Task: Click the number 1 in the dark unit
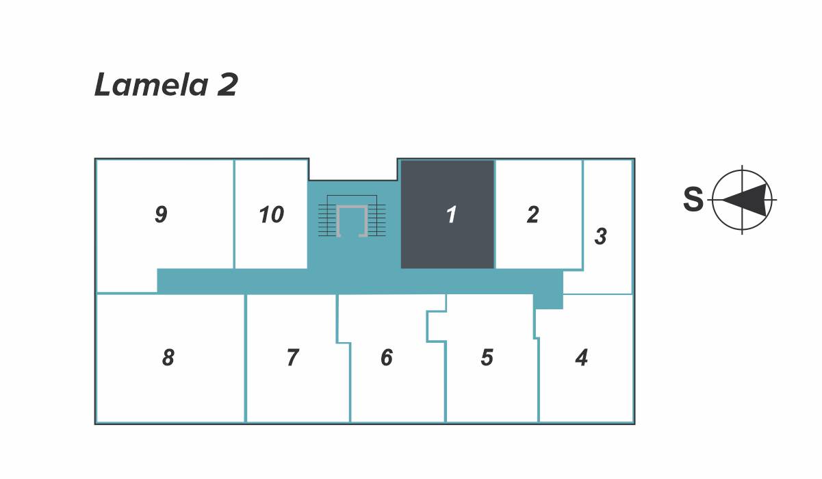click(x=451, y=215)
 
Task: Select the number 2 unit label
click(x=532, y=215)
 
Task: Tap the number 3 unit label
click(x=600, y=237)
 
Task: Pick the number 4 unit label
click(x=582, y=357)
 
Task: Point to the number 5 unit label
click(x=487, y=357)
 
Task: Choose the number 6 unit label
click(x=387, y=357)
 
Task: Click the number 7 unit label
click(x=292, y=357)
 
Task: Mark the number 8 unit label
click(x=168, y=357)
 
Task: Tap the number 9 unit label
click(x=161, y=215)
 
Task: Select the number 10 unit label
click(x=271, y=215)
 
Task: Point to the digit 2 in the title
click(x=228, y=86)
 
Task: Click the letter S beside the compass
click(x=693, y=200)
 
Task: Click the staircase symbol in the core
click(x=352, y=216)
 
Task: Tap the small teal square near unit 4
click(x=548, y=300)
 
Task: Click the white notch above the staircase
click(x=353, y=168)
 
